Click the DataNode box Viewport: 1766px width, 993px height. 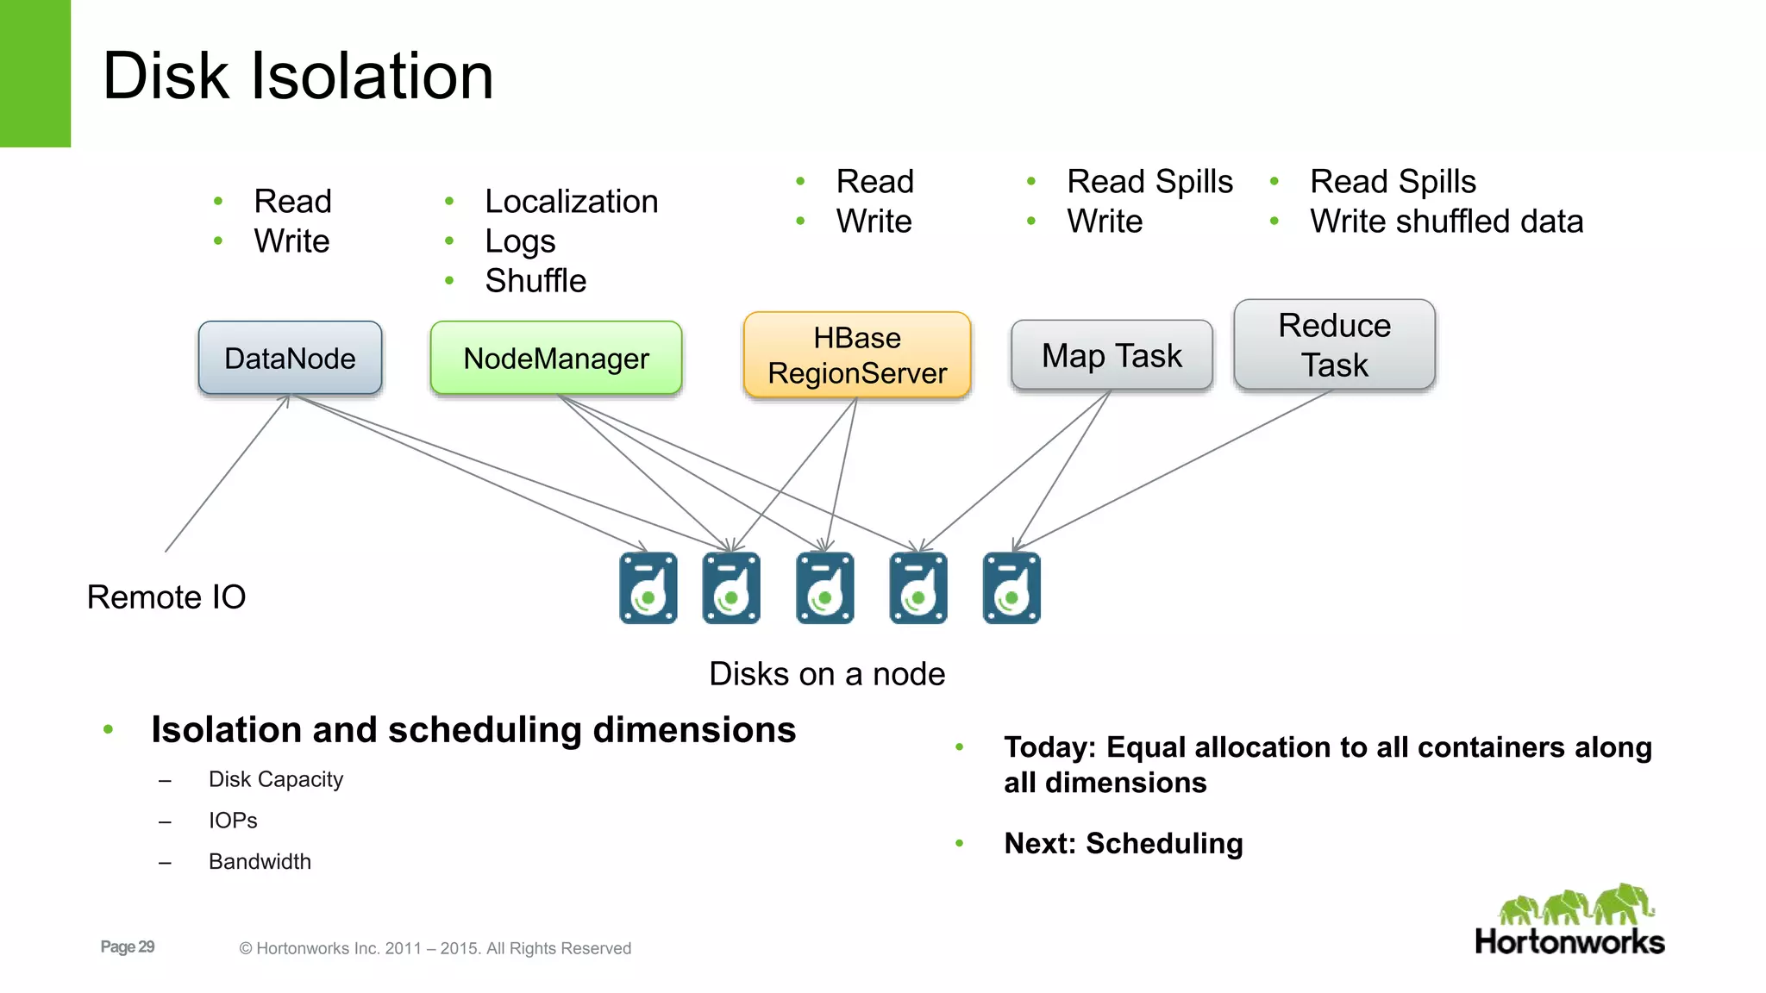point(290,358)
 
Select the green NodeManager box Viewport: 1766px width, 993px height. point(556,358)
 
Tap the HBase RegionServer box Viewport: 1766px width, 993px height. point(857,355)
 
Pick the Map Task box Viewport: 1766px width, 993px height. point(1112,355)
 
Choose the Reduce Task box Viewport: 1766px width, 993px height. point(1334,345)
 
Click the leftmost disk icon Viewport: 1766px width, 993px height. point(648,588)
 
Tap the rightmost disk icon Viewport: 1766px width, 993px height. point(1011,588)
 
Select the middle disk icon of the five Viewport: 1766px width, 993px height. point(825,588)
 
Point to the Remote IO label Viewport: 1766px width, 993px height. point(166,596)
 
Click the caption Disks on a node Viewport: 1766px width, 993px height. point(827,674)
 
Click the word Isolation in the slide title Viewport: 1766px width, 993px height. point(372,76)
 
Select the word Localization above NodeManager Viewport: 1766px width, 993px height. point(571,202)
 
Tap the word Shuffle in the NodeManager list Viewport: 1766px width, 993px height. point(535,281)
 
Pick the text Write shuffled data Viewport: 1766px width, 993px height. point(1446,222)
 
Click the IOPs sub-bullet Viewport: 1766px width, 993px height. point(233,821)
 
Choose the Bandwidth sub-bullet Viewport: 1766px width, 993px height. point(260,861)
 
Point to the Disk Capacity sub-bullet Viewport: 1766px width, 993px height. point(276,779)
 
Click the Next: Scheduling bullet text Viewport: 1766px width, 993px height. point(1123,843)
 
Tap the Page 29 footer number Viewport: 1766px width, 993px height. point(128,946)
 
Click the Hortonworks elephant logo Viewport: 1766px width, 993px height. point(1575,907)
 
